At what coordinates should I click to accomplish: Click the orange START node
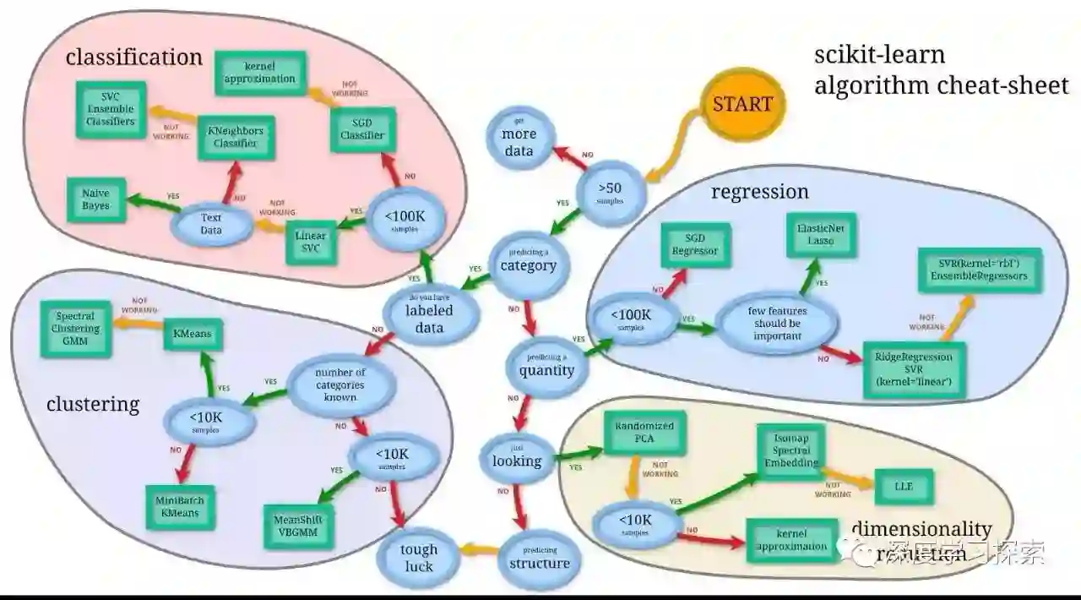tap(742, 105)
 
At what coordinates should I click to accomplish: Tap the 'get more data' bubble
tap(519, 135)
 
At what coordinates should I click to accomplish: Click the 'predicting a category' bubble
tap(529, 262)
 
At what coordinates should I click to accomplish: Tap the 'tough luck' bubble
tap(418, 558)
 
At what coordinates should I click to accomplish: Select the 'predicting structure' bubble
tap(540, 559)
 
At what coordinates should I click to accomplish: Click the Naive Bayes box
tap(95, 199)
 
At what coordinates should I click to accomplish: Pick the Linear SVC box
tap(311, 242)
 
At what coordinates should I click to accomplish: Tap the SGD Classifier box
tap(361, 129)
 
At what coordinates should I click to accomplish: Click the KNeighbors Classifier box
tap(236, 137)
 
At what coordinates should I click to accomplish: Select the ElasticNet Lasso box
tap(815, 234)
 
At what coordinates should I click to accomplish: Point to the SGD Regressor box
tap(694, 245)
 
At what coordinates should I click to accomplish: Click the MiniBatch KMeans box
tap(179, 506)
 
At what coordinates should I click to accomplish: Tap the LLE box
tap(903, 487)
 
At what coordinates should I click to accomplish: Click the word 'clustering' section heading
tap(93, 404)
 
